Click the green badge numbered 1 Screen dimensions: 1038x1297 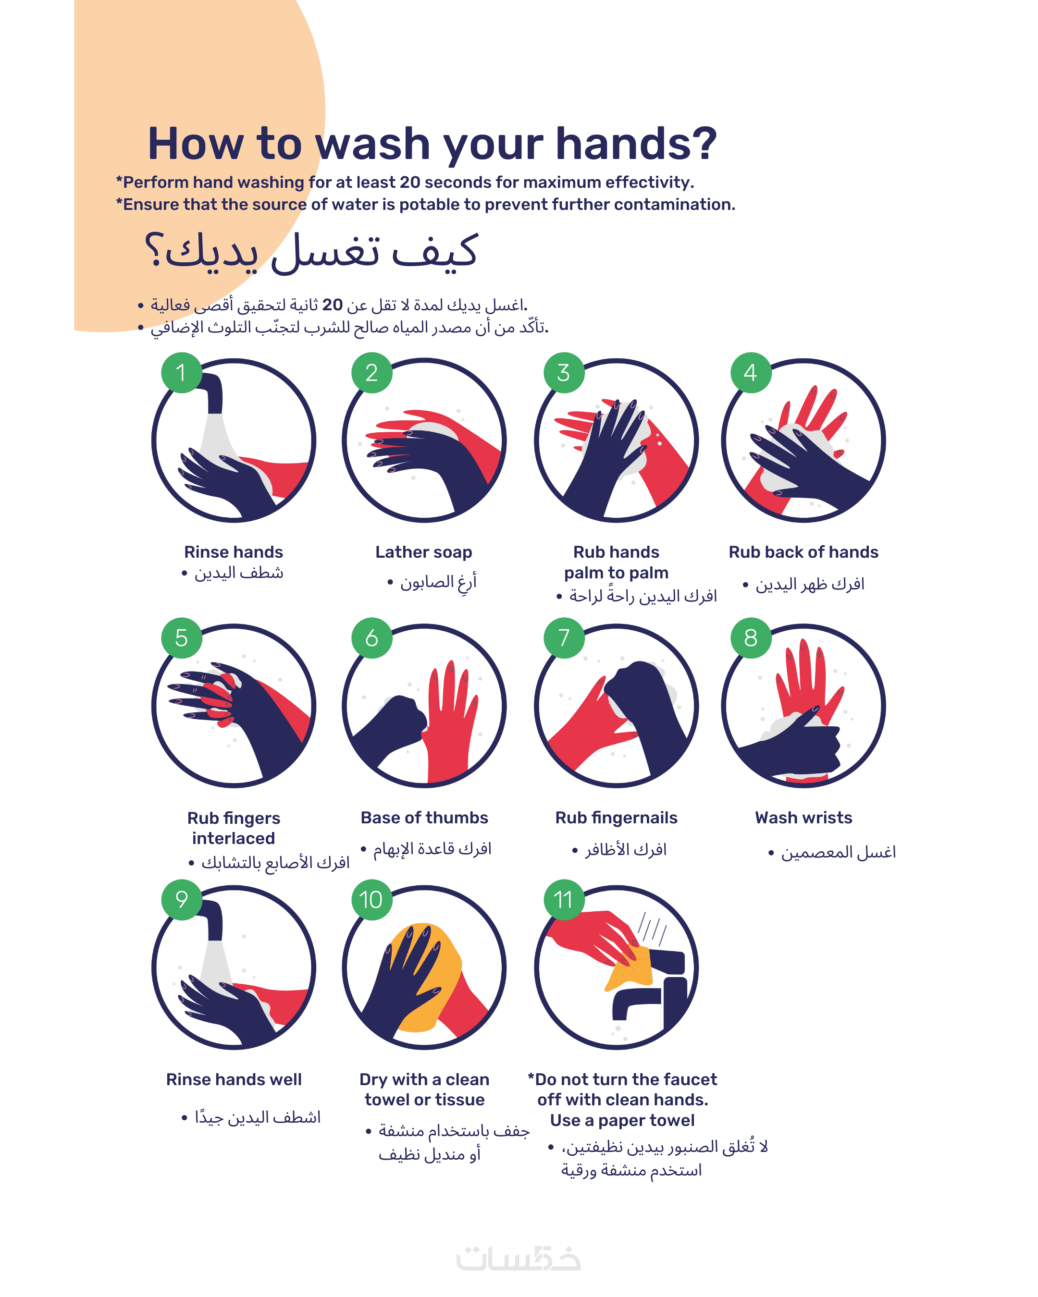[x=181, y=372]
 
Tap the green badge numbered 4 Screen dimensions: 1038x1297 [x=750, y=372]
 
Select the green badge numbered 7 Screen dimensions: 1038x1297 [x=564, y=637]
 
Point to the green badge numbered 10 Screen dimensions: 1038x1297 [x=371, y=899]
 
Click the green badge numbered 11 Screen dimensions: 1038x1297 [x=564, y=899]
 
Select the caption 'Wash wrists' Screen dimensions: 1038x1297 [x=803, y=818]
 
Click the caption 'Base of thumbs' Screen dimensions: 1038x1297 [x=424, y=818]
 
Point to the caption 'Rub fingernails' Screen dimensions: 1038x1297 [x=616, y=818]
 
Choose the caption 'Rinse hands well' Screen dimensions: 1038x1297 [x=234, y=1079]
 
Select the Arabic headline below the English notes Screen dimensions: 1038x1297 [x=311, y=251]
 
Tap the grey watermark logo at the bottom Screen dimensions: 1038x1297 [x=518, y=1259]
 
